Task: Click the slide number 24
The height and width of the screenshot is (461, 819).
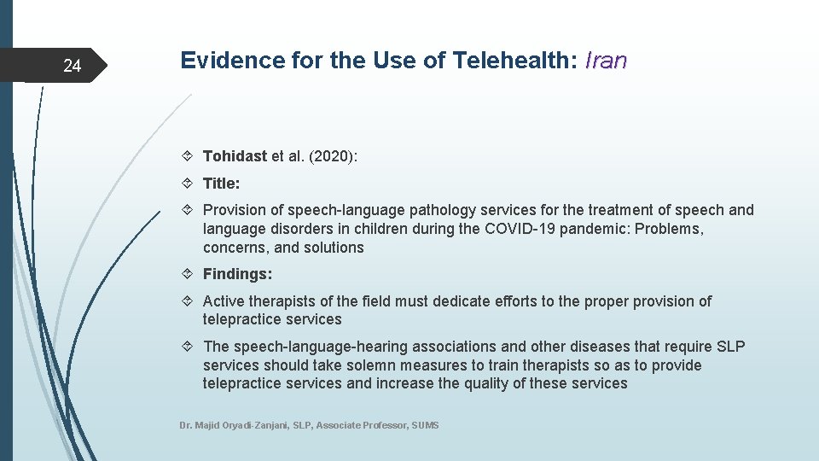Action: click(73, 66)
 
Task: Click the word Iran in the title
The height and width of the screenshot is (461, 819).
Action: click(606, 61)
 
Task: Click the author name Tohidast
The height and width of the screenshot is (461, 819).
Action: click(235, 156)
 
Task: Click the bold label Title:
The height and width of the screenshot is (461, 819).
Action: click(221, 184)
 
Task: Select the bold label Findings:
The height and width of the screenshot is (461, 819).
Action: click(237, 274)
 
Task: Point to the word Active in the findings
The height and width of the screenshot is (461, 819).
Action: click(224, 301)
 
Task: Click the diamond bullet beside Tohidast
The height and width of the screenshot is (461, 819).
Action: click(189, 156)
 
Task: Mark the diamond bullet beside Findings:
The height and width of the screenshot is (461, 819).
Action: click(189, 274)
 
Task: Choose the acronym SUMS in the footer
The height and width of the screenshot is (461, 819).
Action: click(425, 425)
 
